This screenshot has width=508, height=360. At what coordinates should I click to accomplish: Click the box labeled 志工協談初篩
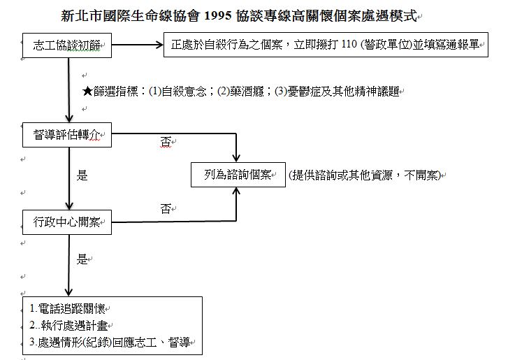point(67,45)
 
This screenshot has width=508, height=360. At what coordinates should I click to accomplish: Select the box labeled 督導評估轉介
point(67,135)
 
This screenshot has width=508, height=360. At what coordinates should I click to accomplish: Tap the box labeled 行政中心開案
point(67,222)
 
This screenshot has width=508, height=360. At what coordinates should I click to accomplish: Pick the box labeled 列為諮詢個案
point(238,175)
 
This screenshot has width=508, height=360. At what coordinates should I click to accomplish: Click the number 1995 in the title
point(218,15)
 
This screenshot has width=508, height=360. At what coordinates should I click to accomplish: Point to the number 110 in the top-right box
point(349,44)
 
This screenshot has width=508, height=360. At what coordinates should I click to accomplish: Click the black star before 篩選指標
point(87,92)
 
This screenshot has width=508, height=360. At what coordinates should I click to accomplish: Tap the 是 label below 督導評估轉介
point(82,175)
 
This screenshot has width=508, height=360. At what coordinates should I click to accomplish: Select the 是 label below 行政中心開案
point(82,259)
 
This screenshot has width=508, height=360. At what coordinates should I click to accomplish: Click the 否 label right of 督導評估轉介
point(166,142)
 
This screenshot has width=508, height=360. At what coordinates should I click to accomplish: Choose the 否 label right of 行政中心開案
point(166,209)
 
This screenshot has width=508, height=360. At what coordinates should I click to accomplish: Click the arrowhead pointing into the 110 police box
point(159,45)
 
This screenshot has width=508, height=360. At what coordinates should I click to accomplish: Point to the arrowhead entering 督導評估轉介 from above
point(69,118)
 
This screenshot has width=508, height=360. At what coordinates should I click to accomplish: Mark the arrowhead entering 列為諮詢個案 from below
point(236,191)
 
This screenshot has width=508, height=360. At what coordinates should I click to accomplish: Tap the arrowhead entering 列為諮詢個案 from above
point(236,158)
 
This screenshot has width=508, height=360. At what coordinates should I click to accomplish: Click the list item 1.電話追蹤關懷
point(67,309)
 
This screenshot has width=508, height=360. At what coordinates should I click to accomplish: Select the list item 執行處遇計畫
point(74,325)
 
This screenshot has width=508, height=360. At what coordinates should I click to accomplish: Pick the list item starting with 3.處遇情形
point(110,343)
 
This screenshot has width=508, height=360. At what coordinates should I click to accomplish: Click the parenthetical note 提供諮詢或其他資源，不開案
point(365,175)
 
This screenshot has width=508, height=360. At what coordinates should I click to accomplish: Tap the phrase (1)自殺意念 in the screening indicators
point(177,92)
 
